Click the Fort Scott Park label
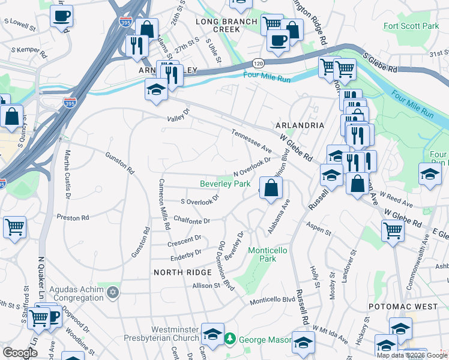coord(411,26)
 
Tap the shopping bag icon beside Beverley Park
coord(271,188)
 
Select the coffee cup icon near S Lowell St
coord(61,16)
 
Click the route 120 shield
coord(258,63)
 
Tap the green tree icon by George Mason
coord(229,340)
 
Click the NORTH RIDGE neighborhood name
coord(182,272)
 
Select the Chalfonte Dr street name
coord(190,221)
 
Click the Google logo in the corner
coord(20,352)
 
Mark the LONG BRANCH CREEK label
coord(227,25)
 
